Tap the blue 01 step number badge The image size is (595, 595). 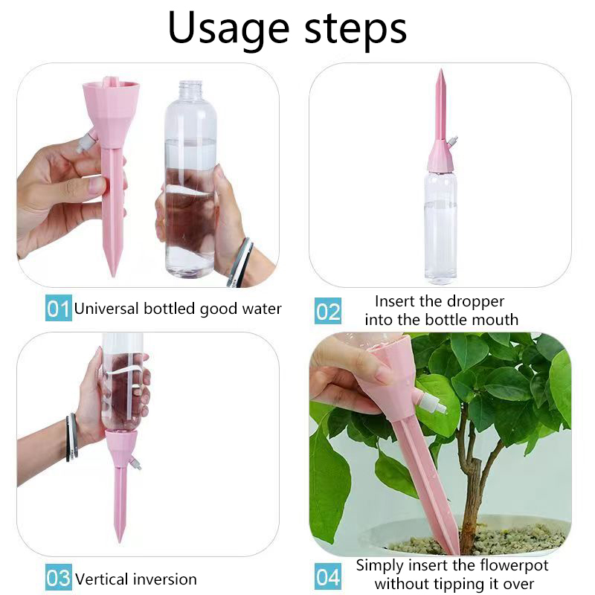[x=59, y=308]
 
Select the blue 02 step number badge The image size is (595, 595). [x=328, y=311]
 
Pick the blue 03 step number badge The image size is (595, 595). [x=59, y=577]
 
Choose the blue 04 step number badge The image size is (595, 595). [x=328, y=577]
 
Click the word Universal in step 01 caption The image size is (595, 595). [x=106, y=309]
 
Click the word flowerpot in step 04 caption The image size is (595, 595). [x=514, y=566]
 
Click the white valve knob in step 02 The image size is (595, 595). [x=452, y=141]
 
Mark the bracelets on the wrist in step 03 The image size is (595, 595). [x=72, y=437]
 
